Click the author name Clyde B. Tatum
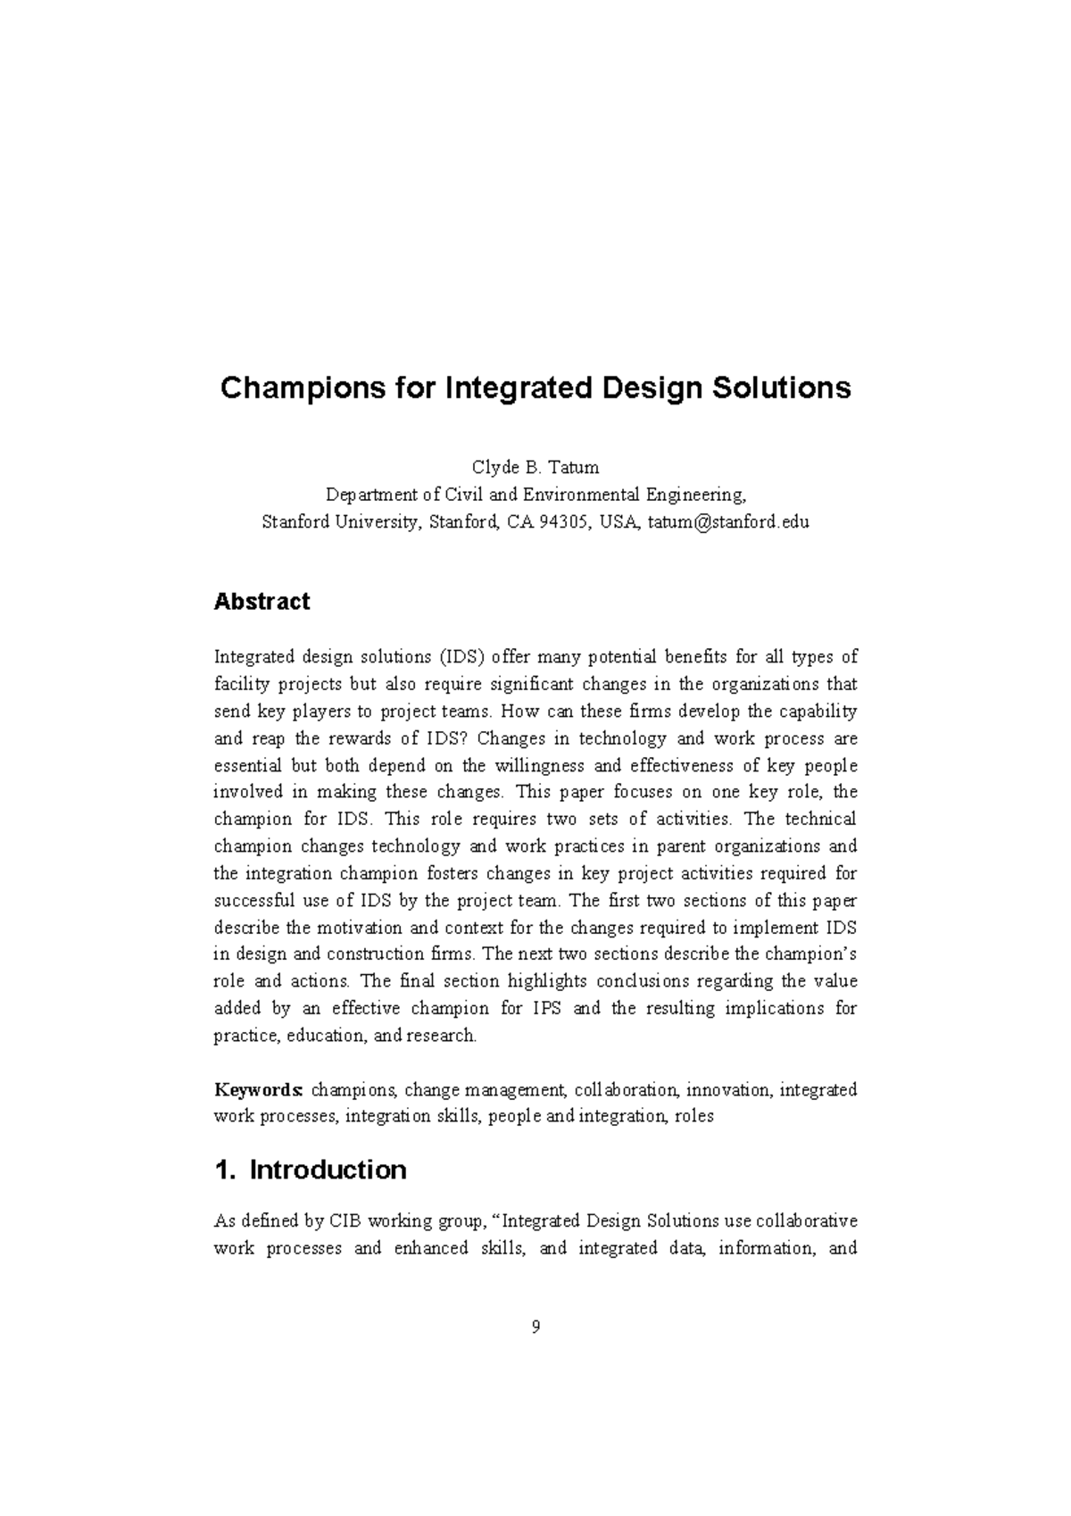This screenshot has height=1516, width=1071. [x=535, y=467]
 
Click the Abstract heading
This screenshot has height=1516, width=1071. [x=262, y=602]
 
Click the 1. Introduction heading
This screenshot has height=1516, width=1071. [x=311, y=1170]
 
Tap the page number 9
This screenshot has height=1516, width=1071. [x=535, y=1327]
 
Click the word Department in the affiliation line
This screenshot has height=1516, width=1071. [x=371, y=495]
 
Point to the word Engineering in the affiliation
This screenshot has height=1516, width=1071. [x=693, y=495]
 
